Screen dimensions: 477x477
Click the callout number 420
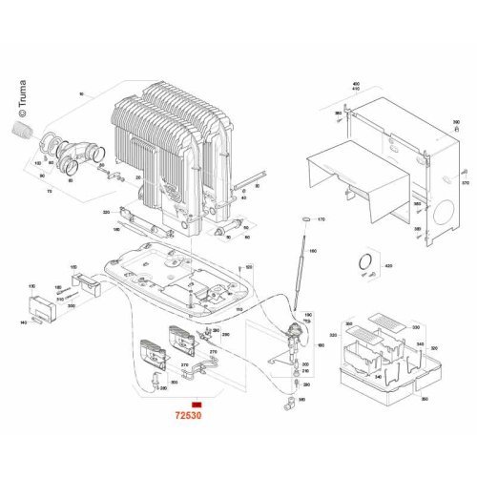click(388, 265)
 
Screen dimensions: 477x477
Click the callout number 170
click(321, 219)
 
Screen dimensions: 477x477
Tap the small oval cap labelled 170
click(303, 219)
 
